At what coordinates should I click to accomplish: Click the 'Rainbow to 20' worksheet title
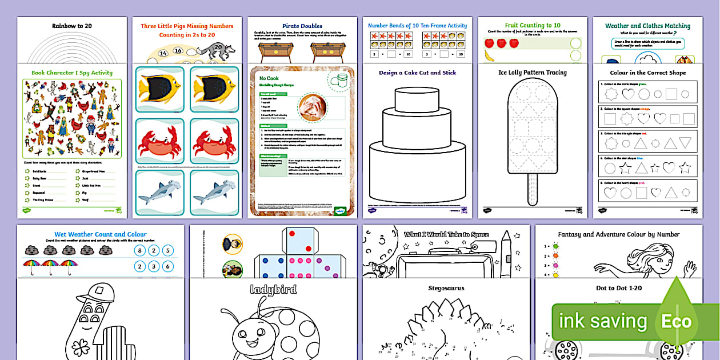(72, 26)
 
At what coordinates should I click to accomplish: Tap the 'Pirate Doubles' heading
(302, 26)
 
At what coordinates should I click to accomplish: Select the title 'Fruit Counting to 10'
(533, 26)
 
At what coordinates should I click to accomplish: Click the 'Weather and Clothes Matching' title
(647, 26)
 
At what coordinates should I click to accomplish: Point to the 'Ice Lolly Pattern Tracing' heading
(532, 73)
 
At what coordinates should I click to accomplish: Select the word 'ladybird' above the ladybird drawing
(274, 290)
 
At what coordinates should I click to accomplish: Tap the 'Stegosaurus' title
(446, 289)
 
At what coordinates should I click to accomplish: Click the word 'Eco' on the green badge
(677, 321)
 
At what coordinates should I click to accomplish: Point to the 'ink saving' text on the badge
(603, 321)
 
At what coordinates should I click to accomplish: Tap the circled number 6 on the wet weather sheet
(167, 266)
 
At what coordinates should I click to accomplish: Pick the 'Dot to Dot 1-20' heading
(619, 288)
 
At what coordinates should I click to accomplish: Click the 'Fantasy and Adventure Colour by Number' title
(619, 234)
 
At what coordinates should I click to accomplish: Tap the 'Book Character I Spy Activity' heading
(72, 73)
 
